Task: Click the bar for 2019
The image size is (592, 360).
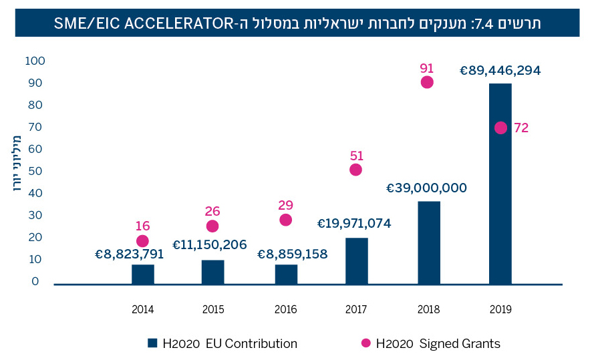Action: pos(500,184)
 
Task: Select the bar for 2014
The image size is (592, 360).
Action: pos(143,275)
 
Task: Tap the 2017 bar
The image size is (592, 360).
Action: pos(357,261)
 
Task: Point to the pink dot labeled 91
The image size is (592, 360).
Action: pos(427,82)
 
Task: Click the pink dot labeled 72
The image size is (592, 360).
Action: pos(500,128)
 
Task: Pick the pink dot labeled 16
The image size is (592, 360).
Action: pos(142,241)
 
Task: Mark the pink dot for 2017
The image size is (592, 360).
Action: pos(355,170)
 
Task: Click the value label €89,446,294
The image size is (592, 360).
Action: pos(500,69)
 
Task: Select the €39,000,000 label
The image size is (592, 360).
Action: pos(426,188)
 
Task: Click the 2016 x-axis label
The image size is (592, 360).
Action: pos(285,309)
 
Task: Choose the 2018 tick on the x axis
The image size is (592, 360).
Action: pos(427,309)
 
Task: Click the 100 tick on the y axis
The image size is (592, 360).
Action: pos(35,61)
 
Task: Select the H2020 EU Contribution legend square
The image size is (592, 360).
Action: pos(152,344)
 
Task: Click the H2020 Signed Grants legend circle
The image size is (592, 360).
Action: pos(365,344)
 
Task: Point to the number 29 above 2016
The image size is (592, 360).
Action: pos(285,205)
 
